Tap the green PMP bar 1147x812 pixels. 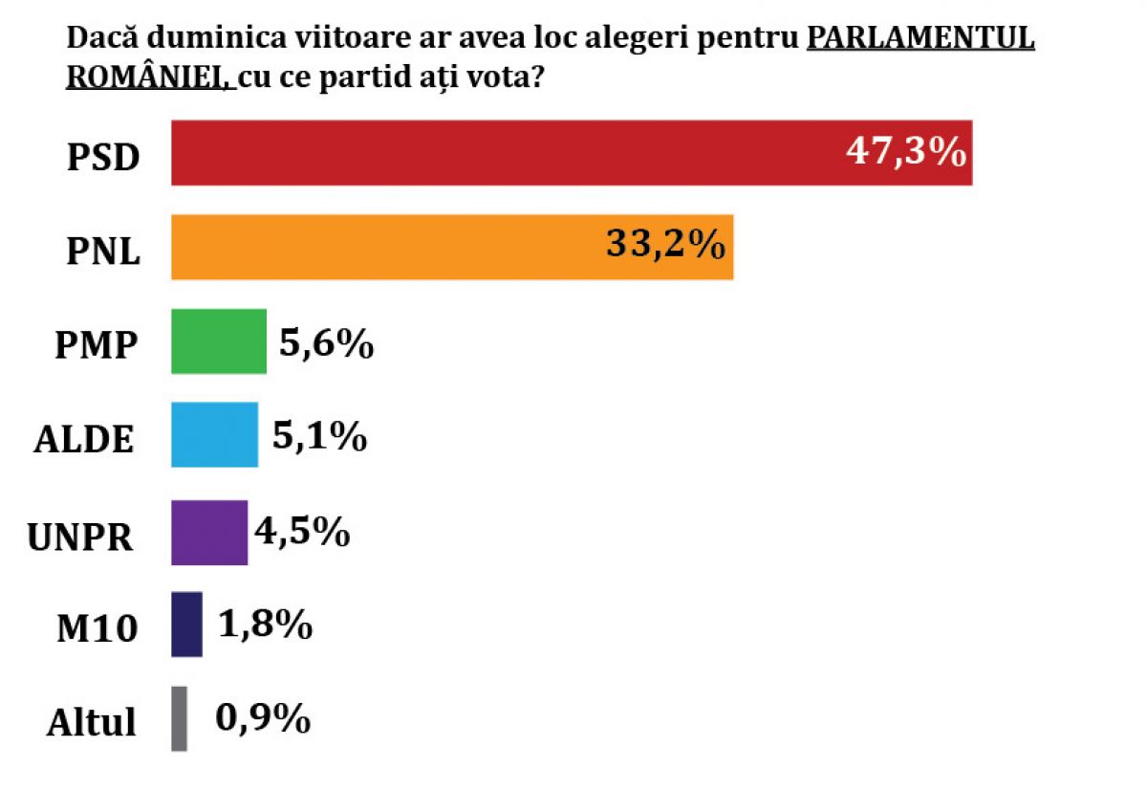(218, 340)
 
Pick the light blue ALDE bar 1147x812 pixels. (214, 434)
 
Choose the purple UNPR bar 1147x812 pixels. (208, 532)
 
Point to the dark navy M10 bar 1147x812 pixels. (186, 624)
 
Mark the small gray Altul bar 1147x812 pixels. (179, 718)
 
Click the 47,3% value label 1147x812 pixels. (905, 152)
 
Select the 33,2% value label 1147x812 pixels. (664, 246)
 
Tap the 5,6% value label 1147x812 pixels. (325, 342)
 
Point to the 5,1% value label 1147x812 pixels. (320, 436)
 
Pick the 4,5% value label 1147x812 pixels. (302, 532)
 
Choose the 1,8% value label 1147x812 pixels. (264, 625)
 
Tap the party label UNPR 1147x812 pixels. (80, 537)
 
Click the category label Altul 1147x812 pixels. (92, 722)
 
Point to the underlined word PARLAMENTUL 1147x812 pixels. (920, 39)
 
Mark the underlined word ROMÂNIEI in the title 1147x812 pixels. (148, 77)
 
